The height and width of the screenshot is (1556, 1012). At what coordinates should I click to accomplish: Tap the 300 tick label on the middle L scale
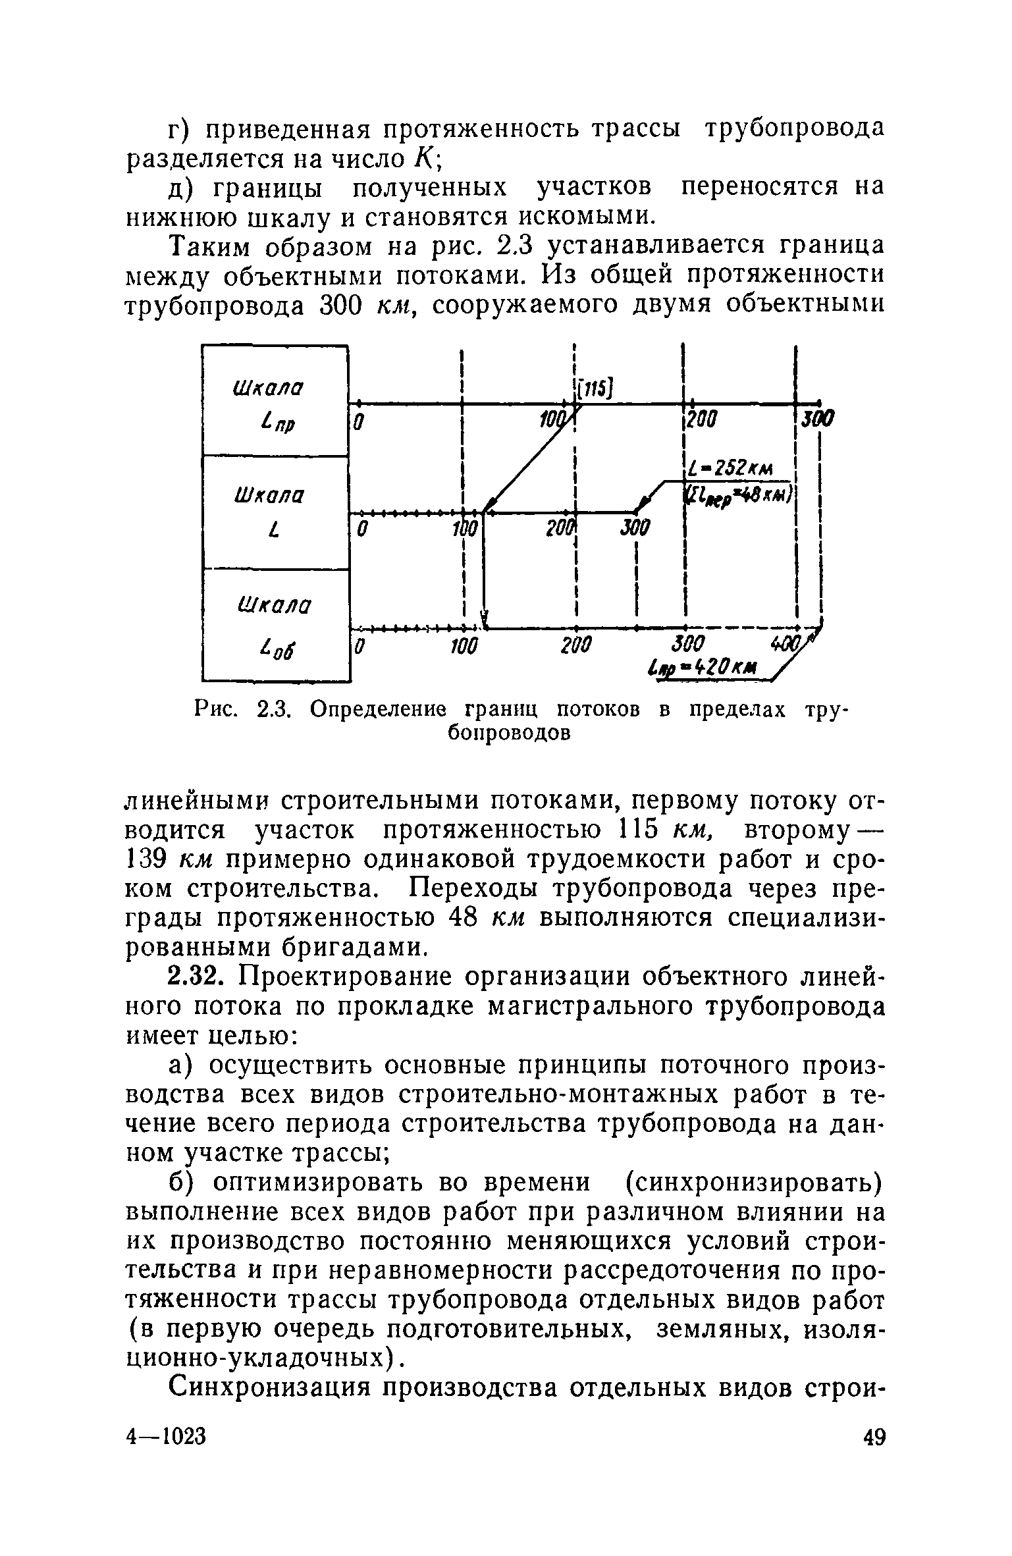coord(633,527)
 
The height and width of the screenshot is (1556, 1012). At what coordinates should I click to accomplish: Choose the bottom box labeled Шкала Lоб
coord(275,624)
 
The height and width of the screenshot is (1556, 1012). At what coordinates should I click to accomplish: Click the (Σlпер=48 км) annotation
coord(740,493)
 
